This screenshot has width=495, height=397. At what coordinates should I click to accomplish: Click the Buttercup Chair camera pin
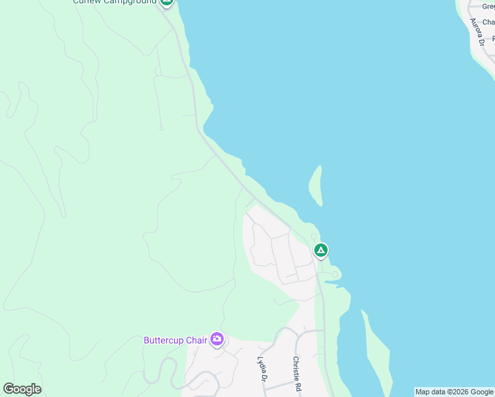(217, 340)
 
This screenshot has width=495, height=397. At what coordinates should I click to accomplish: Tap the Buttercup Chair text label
(175, 340)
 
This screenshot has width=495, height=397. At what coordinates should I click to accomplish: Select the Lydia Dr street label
(261, 369)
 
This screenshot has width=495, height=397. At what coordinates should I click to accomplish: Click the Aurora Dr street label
(477, 32)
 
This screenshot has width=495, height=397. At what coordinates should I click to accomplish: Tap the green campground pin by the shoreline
(320, 251)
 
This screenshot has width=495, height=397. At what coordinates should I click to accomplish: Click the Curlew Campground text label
(114, 2)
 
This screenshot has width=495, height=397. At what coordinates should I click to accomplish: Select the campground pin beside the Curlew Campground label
(167, 2)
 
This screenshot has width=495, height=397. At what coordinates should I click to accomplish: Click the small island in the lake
(316, 185)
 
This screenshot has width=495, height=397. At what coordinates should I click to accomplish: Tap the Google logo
(22, 389)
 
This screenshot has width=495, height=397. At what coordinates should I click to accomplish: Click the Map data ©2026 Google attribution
(454, 392)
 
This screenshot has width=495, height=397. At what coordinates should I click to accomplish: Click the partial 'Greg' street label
(488, 7)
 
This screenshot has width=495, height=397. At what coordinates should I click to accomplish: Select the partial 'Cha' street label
(488, 22)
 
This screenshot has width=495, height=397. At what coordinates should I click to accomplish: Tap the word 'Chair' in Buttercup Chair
(197, 340)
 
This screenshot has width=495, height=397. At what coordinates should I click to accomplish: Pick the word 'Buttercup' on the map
(163, 340)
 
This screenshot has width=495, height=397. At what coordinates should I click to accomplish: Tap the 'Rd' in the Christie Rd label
(299, 386)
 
